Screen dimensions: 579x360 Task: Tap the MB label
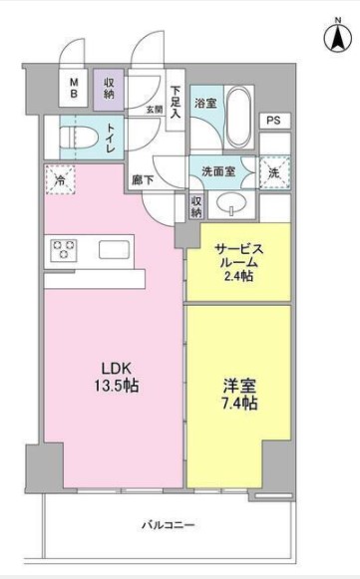click(75, 89)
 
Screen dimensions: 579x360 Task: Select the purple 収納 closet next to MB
click(108, 89)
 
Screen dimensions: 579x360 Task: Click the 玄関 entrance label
click(154, 109)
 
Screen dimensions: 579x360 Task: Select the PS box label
click(273, 121)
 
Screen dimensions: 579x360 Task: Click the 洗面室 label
click(222, 169)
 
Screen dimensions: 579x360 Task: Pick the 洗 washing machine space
click(273, 170)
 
